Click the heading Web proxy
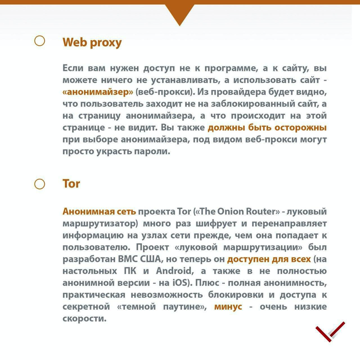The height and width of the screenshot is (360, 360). coord(92,42)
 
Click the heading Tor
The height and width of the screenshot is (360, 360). coord(71,184)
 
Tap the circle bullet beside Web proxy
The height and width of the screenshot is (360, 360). coord(40,41)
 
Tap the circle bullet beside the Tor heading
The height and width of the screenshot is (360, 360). coord(40,184)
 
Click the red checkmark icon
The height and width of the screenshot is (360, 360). coord(329,331)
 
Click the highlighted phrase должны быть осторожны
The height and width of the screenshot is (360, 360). coord(267,128)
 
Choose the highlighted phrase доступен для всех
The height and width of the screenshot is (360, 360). coord(269,259)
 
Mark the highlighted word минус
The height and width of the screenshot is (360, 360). coord(228,307)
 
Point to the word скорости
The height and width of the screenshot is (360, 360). coord(84,318)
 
